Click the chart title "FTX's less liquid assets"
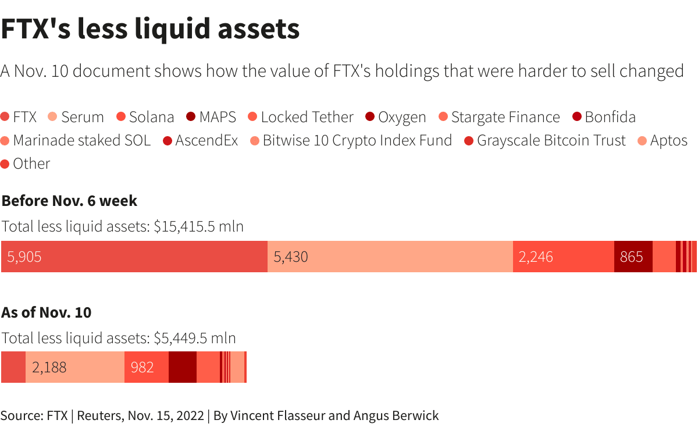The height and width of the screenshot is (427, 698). pos(150,29)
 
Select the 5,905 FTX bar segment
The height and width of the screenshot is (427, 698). pos(134,257)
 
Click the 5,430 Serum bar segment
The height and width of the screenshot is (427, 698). pos(390,257)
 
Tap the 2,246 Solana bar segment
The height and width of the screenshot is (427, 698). pos(563,257)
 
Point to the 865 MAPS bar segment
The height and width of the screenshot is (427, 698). pos(633,257)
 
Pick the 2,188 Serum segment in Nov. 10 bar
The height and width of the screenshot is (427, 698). pos(74,367)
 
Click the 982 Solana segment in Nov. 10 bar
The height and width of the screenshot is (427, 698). pos(146,367)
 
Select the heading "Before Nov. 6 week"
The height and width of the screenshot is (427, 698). pos(69,201)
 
